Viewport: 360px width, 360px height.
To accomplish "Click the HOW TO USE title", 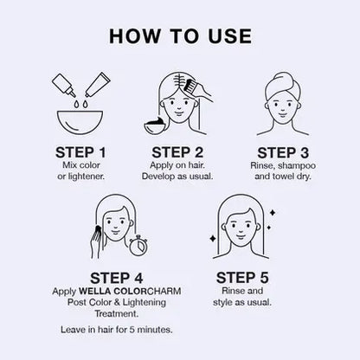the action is click(180, 36).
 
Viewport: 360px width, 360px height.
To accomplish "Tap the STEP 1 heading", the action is click(80, 152).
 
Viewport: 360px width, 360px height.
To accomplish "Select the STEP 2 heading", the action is click(177, 152).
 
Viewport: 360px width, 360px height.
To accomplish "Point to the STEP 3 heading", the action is click(283, 153).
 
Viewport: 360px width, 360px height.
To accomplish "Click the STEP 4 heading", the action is click(116, 279).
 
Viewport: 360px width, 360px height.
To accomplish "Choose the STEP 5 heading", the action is click(242, 278).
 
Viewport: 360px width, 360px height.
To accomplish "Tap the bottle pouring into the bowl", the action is click(64, 85).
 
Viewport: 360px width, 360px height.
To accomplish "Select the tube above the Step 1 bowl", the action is click(97, 84).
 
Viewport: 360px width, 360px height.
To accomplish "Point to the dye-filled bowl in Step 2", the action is click(154, 125).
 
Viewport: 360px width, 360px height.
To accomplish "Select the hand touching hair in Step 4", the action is click(97, 242).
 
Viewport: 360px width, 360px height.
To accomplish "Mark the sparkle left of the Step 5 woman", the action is click(213, 239).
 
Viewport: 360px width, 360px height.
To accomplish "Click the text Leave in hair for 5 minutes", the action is click(117, 330).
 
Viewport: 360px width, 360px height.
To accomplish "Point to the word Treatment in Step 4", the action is click(117, 313).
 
